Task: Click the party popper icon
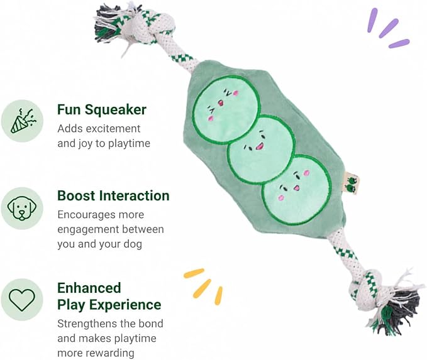tap(23, 121)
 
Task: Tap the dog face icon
tap(22, 208)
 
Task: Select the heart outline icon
tap(22, 299)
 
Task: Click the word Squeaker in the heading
tap(115, 110)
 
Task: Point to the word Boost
tap(76, 195)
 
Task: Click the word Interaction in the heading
tap(134, 195)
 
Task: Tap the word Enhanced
tap(89, 288)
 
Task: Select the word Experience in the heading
tap(125, 305)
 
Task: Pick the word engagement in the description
tap(88, 230)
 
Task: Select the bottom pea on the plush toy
tap(297, 190)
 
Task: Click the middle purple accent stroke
tap(389, 28)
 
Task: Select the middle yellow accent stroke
tap(202, 288)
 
